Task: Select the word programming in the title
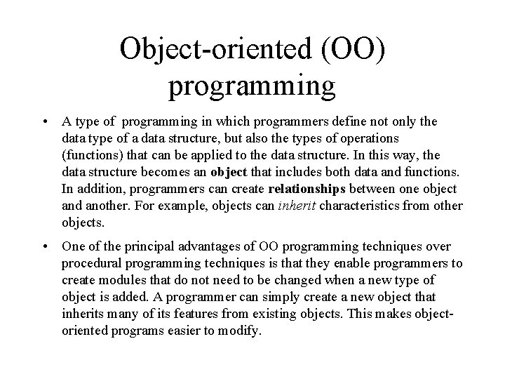pyautogui.click(x=252, y=85)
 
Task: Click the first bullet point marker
pyautogui.click(x=44, y=122)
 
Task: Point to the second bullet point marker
pyautogui.click(x=44, y=247)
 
